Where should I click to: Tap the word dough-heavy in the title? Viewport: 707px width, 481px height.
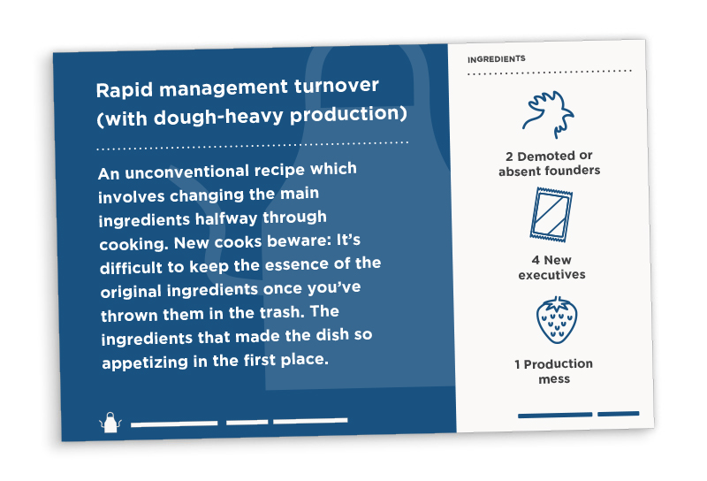218,117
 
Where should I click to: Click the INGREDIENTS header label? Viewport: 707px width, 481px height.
497,59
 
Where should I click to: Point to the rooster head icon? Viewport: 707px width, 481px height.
548,114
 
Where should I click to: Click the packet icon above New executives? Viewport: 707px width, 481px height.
551,215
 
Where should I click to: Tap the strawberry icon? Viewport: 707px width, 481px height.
557,320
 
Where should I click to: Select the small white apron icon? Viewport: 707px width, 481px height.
110,423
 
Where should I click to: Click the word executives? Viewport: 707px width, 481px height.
551,275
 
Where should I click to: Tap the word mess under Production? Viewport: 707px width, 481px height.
554,379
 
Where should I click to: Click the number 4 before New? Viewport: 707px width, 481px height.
536,260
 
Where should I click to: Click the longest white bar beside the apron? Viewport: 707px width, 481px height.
174,424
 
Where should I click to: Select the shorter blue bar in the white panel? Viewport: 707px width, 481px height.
618,413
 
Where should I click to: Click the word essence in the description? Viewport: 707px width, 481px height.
297,265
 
